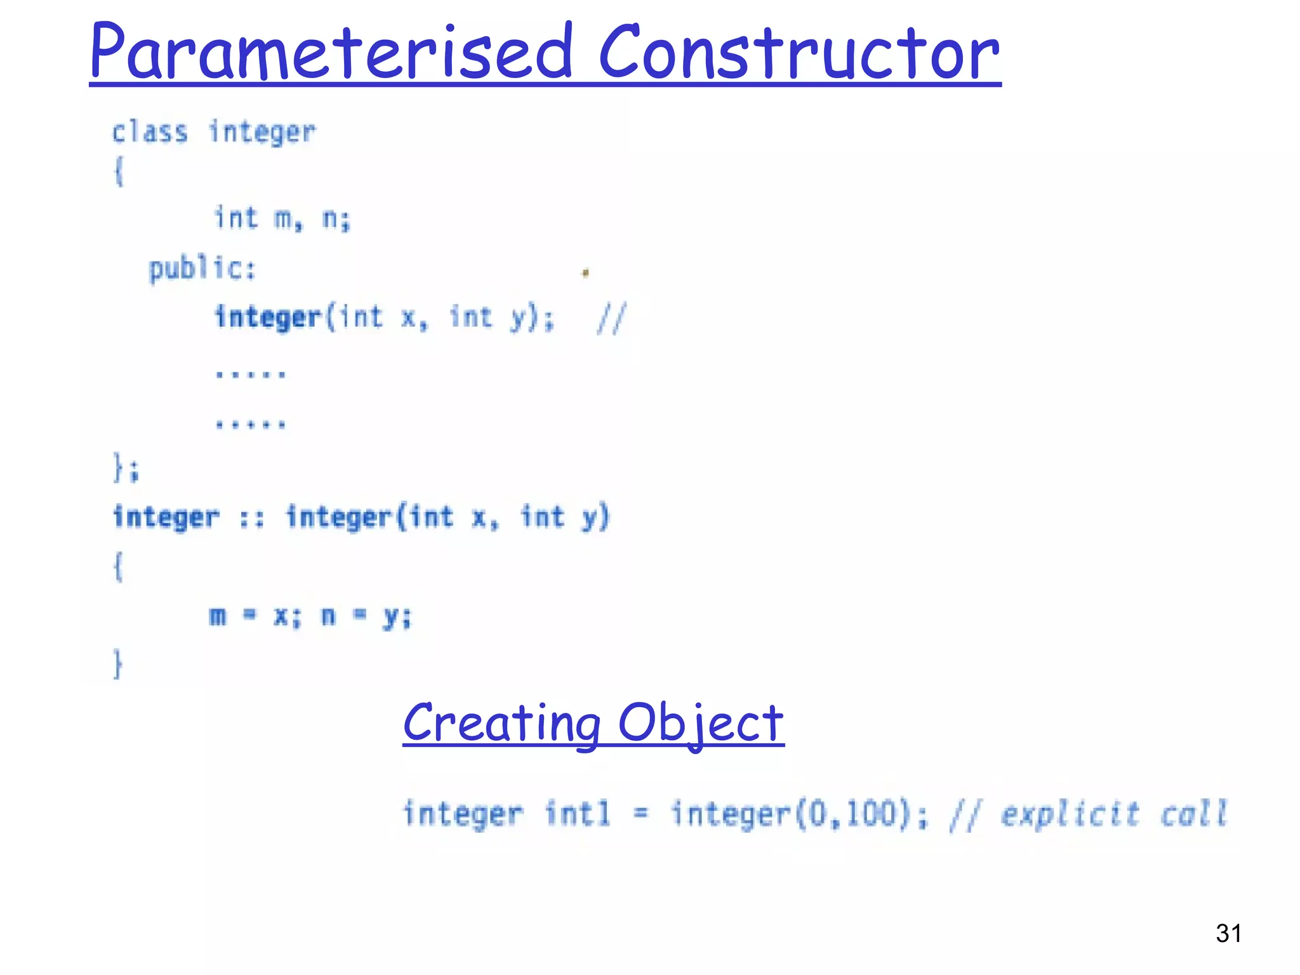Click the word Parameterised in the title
point(330,52)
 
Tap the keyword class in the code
point(150,132)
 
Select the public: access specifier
point(202,269)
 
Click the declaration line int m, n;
point(282,218)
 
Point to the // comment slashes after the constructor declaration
point(611,318)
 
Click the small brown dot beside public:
point(585,273)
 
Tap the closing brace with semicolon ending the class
point(126,468)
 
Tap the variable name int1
point(578,814)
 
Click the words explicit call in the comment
point(1113,814)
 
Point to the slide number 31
point(1228,933)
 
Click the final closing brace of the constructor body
point(117,664)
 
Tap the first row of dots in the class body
point(251,374)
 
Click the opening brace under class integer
point(119,171)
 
